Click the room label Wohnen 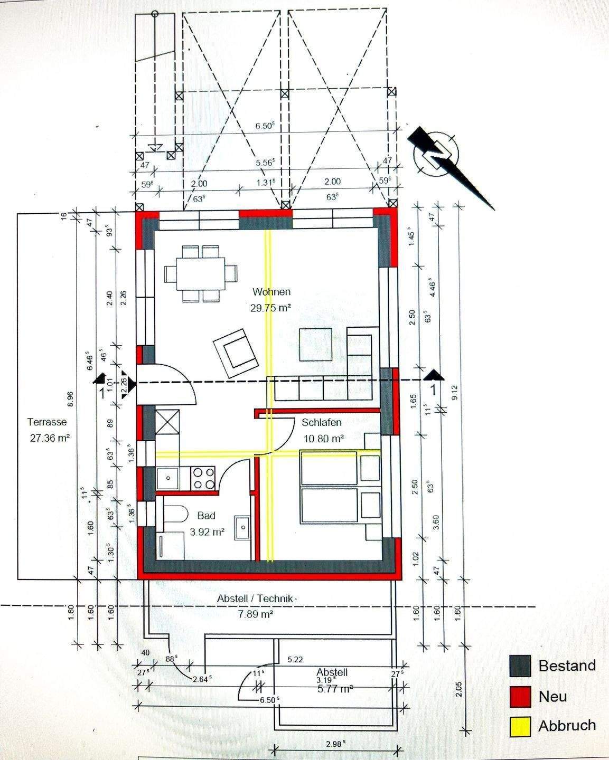[x=271, y=292]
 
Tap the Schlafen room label [x=322, y=422]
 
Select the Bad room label [x=206, y=516]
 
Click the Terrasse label [x=48, y=422]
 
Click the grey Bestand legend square [x=520, y=666]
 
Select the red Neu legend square [x=520, y=696]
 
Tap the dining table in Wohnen [x=200, y=273]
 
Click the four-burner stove [x=203, y=478]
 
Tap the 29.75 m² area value [x=271, y=308]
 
